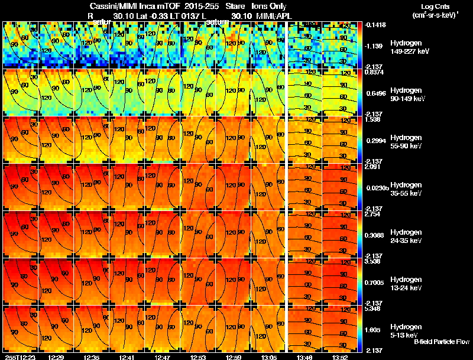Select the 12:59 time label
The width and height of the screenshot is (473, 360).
click(x=232, y=357)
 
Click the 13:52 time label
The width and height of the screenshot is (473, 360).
click(x=340, y=357)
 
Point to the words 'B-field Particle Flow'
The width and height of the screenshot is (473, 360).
click(x=442, y=342)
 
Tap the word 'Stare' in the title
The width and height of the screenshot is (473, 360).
click(x=235, y=6)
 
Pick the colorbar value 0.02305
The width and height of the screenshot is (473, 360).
click(x=377, y=189)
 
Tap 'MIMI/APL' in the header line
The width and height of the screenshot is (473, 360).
click(x=269, y=15)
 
